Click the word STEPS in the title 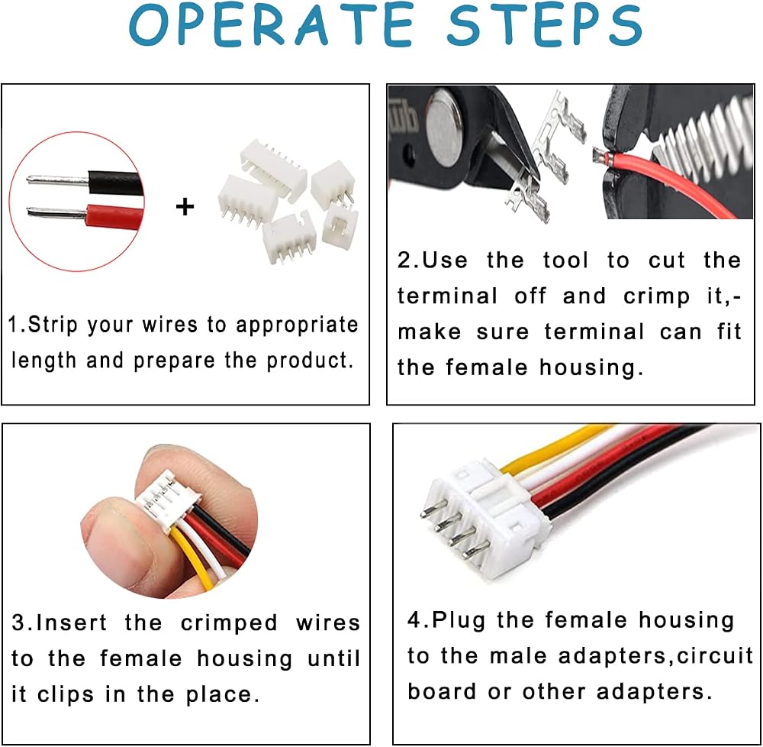tap(546, 24)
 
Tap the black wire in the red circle tap(115, 183)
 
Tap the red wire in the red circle tap(115, 216)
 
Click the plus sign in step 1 tap(185, 207)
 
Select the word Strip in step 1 tap(53, 325)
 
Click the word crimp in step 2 tap(656, 296)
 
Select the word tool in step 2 tap(566, 260)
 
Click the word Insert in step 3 tap(71, 622)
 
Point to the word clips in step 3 tap(66, 694)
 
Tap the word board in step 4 tap(442, 691)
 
